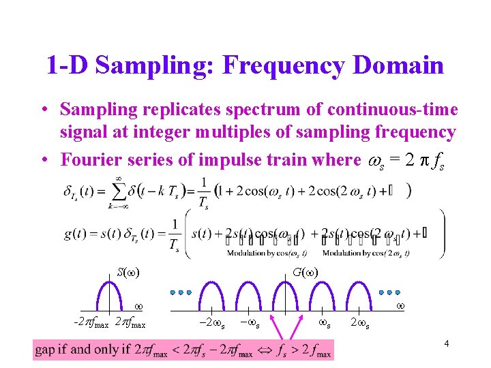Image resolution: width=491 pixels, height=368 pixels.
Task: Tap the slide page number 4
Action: click(446, 344)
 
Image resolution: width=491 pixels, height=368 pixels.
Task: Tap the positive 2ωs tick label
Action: click(361, 322)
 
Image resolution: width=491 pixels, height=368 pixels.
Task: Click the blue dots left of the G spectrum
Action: click(181, 292)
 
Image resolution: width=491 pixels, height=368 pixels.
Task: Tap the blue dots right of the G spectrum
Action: click(389, 292)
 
